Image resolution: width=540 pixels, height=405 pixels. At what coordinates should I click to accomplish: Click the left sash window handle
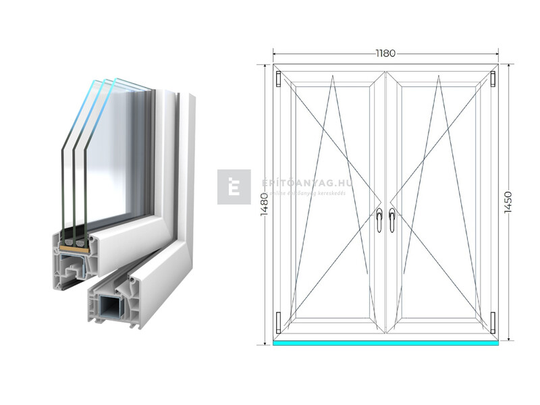pyautogui.click(x=379, y=220)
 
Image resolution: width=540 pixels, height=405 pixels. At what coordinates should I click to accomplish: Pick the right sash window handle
pyautogui.click(x=391, y=220)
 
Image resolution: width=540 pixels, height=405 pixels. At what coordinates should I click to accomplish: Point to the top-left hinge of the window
pyautogui.click(x=277, y=79)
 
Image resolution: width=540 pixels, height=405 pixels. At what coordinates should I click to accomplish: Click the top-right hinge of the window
pyautogui.click(x=493, y=79)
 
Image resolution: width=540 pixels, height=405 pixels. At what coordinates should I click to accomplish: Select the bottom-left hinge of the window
pyautogui.click(x=277, y=323)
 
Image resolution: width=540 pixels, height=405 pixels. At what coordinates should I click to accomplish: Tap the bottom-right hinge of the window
pyautogui.click(x=493, y=323)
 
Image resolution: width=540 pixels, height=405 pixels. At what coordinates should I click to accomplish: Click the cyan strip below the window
pyautogui.click(x=385, y=342)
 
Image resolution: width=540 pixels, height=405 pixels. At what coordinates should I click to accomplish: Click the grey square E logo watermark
pyautogui.click(x=234, y=187)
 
